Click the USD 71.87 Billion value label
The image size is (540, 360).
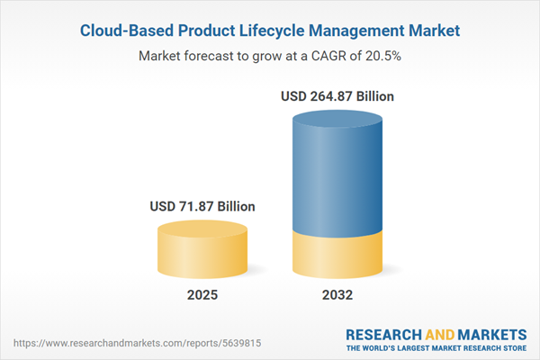pos(202,207)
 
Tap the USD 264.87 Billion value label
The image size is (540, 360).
pos(337,96)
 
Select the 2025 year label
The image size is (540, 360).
pos(202,295)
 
